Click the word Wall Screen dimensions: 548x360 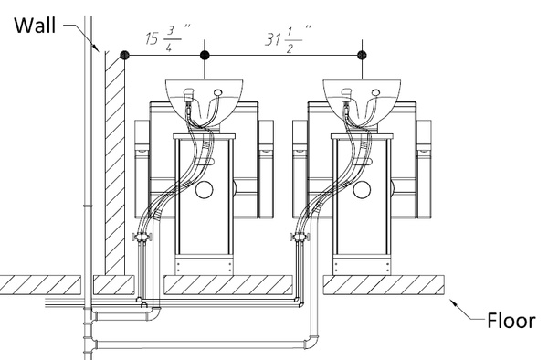coord(35,26)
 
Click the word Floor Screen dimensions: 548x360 coord(511,321)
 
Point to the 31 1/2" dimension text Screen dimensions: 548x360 coord(288,39)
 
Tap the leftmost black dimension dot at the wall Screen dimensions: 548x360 coord(124,55)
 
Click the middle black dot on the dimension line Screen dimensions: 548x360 coord(205,55)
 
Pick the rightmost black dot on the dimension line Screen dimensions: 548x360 coord(362,55)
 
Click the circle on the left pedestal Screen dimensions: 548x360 coord(204,190)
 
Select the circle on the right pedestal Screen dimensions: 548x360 coord(362,190)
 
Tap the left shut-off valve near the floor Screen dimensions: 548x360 coord(142,238)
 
